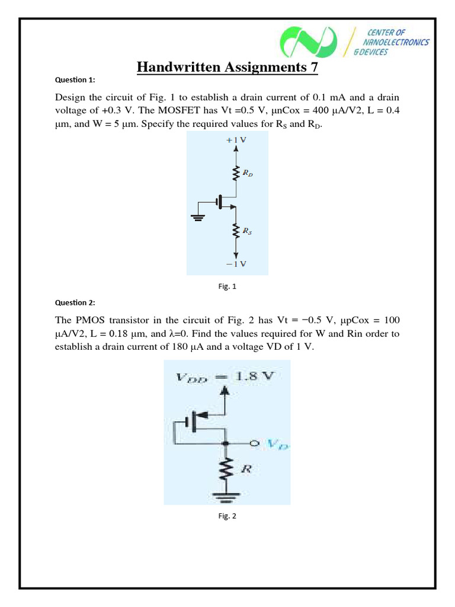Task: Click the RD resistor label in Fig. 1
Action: coord(249,174)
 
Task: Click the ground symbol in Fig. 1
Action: coord(198,216)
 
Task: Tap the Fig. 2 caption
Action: coord(227,516)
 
